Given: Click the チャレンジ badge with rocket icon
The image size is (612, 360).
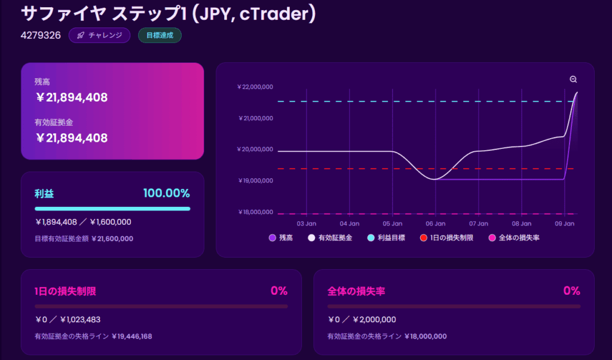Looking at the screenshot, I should click(99, 35).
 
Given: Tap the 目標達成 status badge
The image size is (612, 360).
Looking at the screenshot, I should click(160, 35).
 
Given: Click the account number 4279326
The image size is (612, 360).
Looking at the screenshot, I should click(41, 35).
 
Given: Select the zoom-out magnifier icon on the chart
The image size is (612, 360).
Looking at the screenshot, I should click(573, 80).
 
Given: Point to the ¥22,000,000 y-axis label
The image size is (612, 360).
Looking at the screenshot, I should click(255, 87).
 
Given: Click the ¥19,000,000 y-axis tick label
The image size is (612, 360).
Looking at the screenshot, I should click(255, 181).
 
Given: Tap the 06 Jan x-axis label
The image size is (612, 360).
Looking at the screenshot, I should click(436, 224).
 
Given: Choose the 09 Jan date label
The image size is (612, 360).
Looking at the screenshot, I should click(565, 224).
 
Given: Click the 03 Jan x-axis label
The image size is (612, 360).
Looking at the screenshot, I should click(307, 224).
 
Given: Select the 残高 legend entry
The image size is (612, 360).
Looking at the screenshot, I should click(281, 238).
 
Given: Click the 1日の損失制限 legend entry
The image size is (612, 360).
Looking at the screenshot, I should click(446, 238).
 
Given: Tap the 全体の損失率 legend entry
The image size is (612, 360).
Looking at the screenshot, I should click(514, 238).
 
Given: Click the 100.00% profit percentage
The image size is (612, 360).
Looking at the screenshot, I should click(166, 193).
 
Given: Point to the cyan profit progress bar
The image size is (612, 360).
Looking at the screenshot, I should click(112, 209).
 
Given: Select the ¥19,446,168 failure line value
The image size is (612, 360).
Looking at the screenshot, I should click(131, 337).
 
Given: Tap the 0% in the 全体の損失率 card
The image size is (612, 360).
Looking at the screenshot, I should click(571, 291).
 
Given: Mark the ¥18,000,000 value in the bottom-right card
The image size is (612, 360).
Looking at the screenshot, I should click(425, 337).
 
